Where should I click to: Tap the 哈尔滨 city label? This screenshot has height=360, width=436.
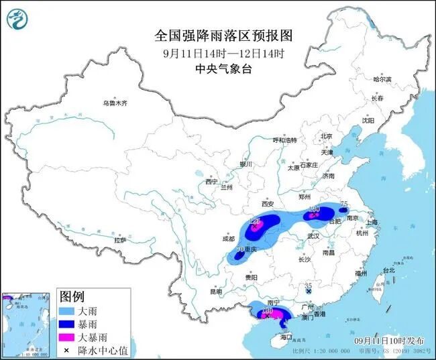point(382,79)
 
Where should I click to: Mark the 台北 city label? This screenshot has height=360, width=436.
point(388,270)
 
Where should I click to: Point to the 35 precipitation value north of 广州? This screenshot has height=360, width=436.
point(308,284)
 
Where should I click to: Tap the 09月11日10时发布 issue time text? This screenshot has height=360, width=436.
point(388,341)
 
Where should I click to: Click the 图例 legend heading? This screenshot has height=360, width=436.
point(72,296)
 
